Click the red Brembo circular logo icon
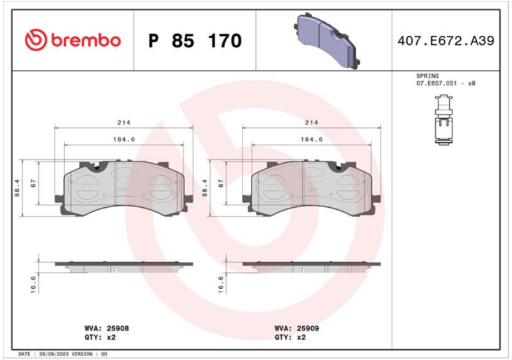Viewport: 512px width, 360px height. click(36, 40)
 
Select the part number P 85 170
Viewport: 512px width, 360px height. click(195, 41)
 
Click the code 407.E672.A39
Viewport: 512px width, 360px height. click(445, 41)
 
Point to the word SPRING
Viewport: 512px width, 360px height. click(427, 75)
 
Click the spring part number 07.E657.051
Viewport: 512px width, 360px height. click(436, 83)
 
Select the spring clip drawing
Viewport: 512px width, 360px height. click(444, 120)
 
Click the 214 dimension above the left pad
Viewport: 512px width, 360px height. click(124, 122)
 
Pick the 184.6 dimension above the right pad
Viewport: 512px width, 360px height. click(312, 139)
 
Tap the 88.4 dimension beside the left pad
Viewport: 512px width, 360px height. click(17, 188)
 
